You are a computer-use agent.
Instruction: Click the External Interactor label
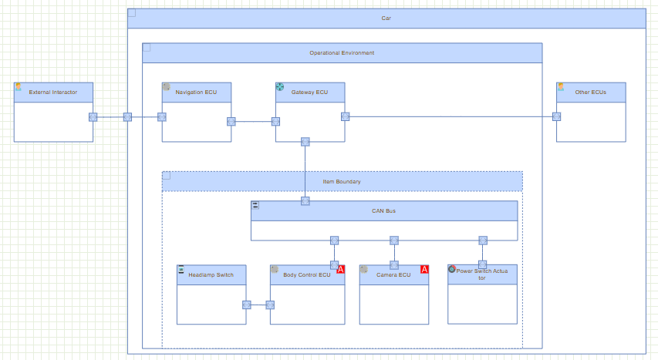pyautogui.click(x=53, y=93)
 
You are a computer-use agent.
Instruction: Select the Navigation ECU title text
pyautogui.click(x=196, y=93)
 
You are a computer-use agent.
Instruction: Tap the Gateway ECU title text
pyautogui.click(x=309, y=93)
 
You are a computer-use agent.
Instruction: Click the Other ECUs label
pyautogui.click(x=591, y=93)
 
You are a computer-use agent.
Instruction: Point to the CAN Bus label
pyautogui.click(x=383, y=210)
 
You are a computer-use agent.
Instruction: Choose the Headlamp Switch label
pyautogui.click(x=211, y=274)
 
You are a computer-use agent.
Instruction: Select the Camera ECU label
pyautogui.click(x=393, y=274)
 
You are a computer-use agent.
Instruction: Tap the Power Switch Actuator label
pyautogui.click(x=482, y=273)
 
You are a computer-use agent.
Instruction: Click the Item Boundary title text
pyautogui.click(x=342, y=182)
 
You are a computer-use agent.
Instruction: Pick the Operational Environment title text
pyautogui.click(x=342, y=53)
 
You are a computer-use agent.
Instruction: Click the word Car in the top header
pyautogui.click(x=386, y=18)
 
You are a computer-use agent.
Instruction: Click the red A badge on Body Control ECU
pyautogui.click(x=340, y=270)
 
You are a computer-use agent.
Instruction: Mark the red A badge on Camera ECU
pyautogui.click(x=423, y=270)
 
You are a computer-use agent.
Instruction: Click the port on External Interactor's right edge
pyautogui.click(x=93, y=117)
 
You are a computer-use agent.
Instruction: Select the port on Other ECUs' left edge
pyautogui.click(x=556, y=117)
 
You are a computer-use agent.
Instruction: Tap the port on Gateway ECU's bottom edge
pyautogui.click(x=305, y=142)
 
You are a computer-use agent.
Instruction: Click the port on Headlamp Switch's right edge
pyautogui.click(x=246, y=304)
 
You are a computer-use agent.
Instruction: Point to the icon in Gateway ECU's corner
pyautogui.click(x=280, y=87)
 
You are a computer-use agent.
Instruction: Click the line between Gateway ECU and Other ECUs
pyautogui.click(x=451, y=117)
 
